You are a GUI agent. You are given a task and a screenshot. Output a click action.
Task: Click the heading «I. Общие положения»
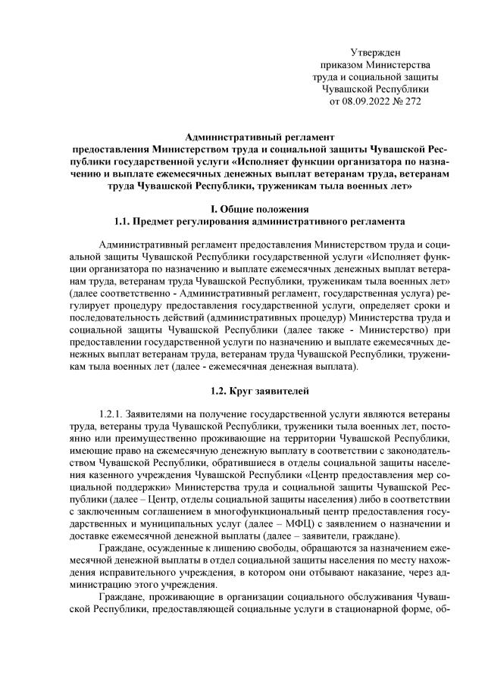point(242,209)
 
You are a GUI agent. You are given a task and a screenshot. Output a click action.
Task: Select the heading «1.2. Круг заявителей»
point(242,391)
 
